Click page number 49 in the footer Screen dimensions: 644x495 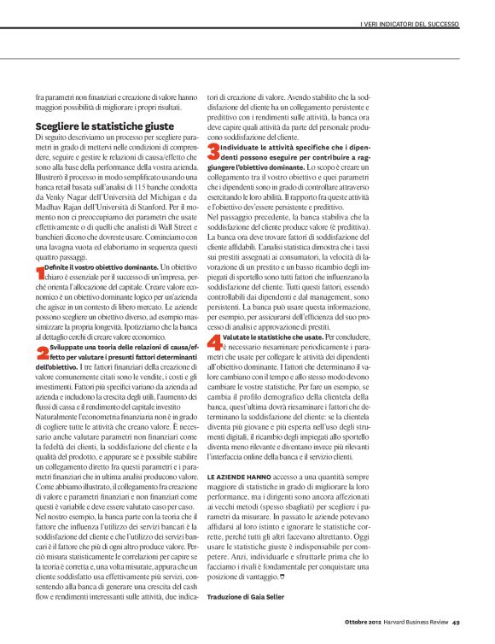point(457,620)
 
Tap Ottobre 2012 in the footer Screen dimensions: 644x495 point(351,620)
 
